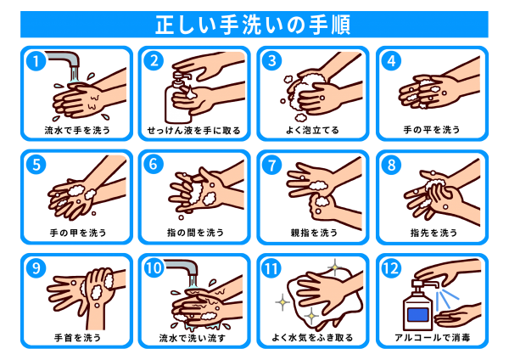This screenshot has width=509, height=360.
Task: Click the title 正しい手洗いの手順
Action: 253,25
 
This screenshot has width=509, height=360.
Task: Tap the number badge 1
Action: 36,61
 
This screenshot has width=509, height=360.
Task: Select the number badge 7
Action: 271,165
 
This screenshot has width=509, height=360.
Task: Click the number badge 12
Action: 391,268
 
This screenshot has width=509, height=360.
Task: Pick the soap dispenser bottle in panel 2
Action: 177,98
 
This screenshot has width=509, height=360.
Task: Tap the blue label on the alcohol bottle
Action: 418,315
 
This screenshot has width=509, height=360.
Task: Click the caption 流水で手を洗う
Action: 77,130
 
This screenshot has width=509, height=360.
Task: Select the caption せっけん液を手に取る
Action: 193,130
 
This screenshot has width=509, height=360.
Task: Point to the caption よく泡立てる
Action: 312,130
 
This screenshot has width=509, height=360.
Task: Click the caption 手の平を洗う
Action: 432,130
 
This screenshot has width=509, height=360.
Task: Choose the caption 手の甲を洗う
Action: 78,233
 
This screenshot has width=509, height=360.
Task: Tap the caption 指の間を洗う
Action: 195,233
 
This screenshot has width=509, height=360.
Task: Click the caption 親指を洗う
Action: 314,233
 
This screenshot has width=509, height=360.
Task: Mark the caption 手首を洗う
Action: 77,338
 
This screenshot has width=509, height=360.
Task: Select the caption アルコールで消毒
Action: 433,338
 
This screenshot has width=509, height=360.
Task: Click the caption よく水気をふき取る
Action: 312,338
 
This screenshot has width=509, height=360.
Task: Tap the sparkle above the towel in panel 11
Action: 334,267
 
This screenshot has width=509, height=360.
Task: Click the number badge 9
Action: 36,268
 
